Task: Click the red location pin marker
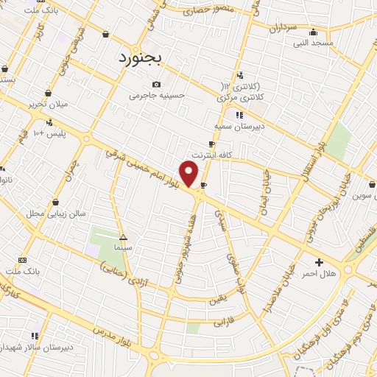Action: coord(190,174)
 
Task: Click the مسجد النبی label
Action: coord(312,43)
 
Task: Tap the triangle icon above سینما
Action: coord(123,237)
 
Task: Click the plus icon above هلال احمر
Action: coord(319,262)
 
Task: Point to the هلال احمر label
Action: coord(319,274)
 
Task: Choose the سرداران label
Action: coord(282,29)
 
